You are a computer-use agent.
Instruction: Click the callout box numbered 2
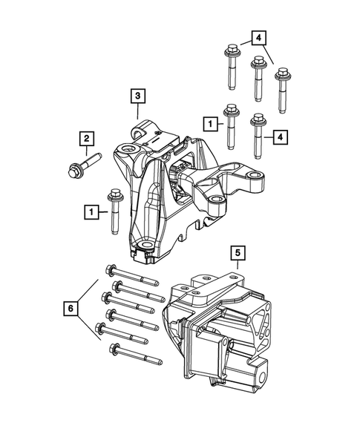pyautogui.click(x=87, y=138)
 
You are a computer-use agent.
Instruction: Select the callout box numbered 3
pyautogui.click(x=138, y=96)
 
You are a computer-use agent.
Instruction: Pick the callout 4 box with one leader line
pyautogui.click(x=281, y=137)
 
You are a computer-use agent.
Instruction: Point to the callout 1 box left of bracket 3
pyautogui.click(x=90, y=213)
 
